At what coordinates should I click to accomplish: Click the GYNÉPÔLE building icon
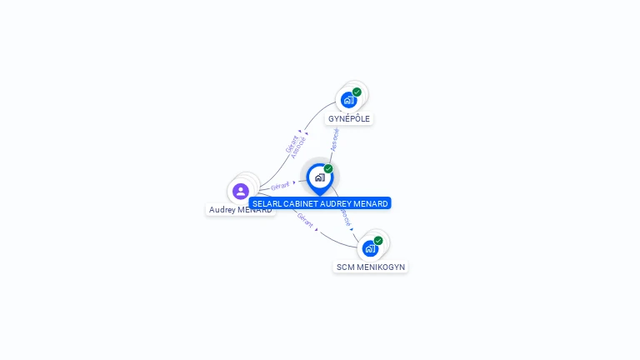tap(348, 100)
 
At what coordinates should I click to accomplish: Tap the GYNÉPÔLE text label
tap(349, 119)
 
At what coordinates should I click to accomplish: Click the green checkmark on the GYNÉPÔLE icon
tap(357, 92)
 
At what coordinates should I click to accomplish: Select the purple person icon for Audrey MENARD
tap(241, 191)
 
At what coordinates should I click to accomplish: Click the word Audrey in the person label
tap(222, 210)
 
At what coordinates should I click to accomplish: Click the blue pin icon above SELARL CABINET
tap(319, 177)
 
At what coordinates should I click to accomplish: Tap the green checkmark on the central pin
tap(328, 168)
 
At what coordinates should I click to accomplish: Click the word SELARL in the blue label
tap(266, 203)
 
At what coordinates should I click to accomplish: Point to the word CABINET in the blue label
tap(299, 203)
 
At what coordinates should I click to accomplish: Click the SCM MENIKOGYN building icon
tap(370, 248)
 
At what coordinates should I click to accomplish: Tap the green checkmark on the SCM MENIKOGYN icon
tap(378, 240)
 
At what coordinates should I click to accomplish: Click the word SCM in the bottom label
tap(344, 267)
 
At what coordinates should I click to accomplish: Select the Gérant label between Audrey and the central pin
tap(280, 186)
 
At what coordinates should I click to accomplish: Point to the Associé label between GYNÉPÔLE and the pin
tap(335, 138)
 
